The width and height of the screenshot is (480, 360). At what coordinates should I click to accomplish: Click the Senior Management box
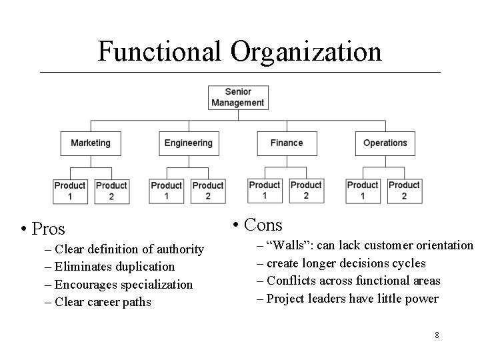click(x=237, y=97)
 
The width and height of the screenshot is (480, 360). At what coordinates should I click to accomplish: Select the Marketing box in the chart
click(x=91, y=143)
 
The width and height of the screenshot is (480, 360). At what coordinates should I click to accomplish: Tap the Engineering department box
click(x=189, y=143)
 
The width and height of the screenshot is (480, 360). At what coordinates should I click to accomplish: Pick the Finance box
click(x=287, y=143)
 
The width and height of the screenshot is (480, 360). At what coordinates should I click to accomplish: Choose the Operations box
click(x=385, y=143)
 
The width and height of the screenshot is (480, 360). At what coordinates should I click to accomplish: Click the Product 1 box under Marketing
click(x=70, y=191)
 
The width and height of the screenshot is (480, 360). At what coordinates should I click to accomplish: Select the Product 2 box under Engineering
click(x=208, y=191)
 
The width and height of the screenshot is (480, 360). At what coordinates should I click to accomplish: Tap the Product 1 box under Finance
click(x=265, y=190)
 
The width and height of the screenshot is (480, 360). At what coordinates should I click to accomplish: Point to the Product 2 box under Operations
click(x=404, y=190)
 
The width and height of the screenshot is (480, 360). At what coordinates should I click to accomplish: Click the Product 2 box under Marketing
click(x=111, y=191)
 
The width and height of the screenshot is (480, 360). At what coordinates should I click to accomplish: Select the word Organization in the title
click(x=308, y=51)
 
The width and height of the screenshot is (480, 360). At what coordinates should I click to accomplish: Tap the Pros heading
click(x=48, y=229)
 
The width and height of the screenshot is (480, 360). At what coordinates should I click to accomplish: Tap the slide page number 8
click(x=437, y=335)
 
